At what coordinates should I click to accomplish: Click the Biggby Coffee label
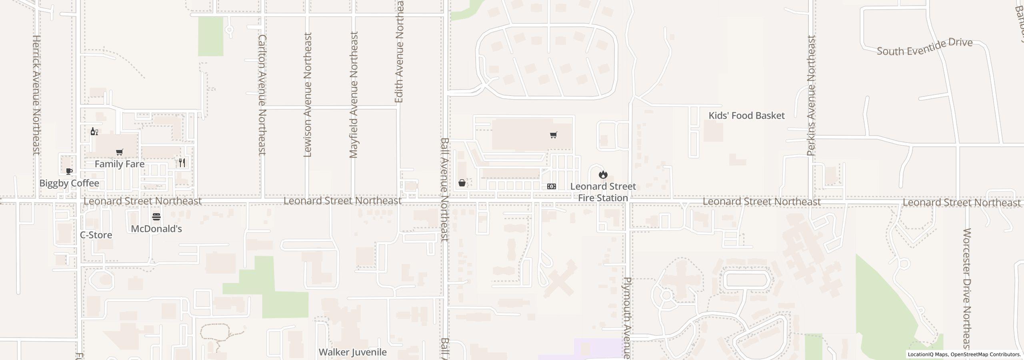pyautogui.click(x=69, y=183)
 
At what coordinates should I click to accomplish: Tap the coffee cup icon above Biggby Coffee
pyautogui.click(x=69, y=171)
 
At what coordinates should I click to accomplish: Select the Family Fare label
pyautogui.click(x=119, y=164)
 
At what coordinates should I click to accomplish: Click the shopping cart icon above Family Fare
pyautogui.click(x=119, y=152)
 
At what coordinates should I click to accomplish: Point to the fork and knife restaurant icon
pyautogui.click(x=182, y=162)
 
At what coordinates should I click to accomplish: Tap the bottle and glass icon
pyautogui.click(x=94, y=132)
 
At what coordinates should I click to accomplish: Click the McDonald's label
pyautogui.click(x=156, y=229)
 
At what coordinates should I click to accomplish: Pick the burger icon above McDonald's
pyautogui.click(x=156, y=217)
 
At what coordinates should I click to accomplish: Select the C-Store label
pyautogui.click(x=96, y=235)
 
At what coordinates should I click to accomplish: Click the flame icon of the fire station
pyautogui.click(x=603, y=174)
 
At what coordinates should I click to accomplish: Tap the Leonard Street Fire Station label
pyautogui.click(x=603, y=192)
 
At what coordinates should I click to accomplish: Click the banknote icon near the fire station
pyautogui.click(x=551, y=186)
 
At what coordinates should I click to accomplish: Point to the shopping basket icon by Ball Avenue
pyautogui.click(x=462, y=183)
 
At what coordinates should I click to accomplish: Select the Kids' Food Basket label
pyautogui.click(x=746, y=116)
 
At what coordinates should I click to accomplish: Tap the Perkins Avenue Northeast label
pyautogui.click(x=811, y=96)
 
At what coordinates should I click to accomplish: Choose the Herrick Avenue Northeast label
pyautogui.click(x=36, y=95)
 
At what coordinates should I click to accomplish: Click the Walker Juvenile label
pyautogui.click(x=352, y=352)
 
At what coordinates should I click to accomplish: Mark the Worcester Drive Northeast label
pyautogui.click(x=967, y=288)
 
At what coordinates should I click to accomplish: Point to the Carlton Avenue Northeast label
pyautogui.click(x=262, y=95)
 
